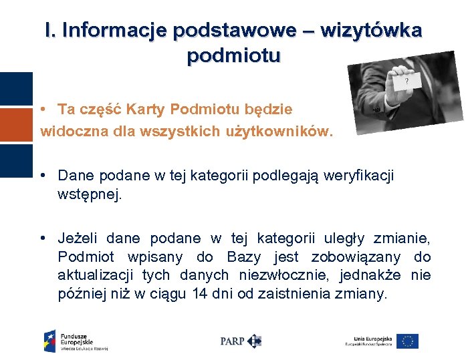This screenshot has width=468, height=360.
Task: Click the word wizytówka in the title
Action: click(x=371, y=30)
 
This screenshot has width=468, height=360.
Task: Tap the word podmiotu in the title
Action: click(x=233, y=56)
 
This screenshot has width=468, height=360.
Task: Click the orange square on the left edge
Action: click(x=16, y=125)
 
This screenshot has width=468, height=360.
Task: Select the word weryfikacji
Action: click(x=359, y=176)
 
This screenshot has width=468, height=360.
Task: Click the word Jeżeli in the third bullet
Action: click(x=79, y=238)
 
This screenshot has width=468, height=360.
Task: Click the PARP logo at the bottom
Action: click(x=240, y=341)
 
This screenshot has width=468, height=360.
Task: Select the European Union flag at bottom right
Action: click(x=407, y=341)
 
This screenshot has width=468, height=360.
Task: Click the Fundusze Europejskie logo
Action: click(x=75, y=341)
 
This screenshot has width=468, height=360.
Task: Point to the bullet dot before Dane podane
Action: click(x=42, y=176)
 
